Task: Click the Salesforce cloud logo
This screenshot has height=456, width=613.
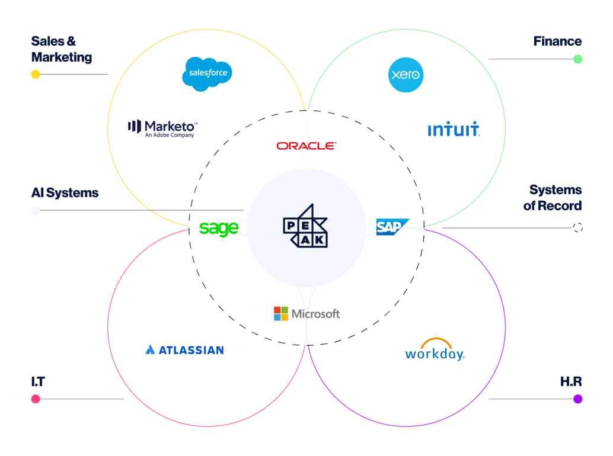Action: pos(207,73)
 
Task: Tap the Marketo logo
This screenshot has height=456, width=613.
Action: pos(162,127)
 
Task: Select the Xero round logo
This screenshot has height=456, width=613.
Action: pos(406,75)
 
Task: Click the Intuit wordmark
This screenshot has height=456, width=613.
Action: pos(454,130)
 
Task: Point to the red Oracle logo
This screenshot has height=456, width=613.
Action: pos(306,146)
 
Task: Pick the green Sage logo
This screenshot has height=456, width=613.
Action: pos(219,228)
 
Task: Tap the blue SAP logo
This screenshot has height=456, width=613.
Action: pos(392,227)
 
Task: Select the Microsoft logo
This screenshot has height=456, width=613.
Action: pos(306,314)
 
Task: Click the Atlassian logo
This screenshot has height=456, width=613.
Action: pos(184,350)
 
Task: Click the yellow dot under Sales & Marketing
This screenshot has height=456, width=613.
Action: pos(36,75)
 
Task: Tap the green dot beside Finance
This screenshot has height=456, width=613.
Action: pos(577,59)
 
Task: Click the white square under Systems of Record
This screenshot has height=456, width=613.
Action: pos(577,227)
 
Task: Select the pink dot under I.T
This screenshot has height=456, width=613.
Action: pos(36,399)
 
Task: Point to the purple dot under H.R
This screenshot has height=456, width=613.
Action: pos(577,399)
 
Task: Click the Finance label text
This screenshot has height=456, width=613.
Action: pos(557,41)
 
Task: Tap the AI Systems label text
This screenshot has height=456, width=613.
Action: pos(65,193)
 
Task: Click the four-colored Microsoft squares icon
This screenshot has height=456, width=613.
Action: pos(280,314)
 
